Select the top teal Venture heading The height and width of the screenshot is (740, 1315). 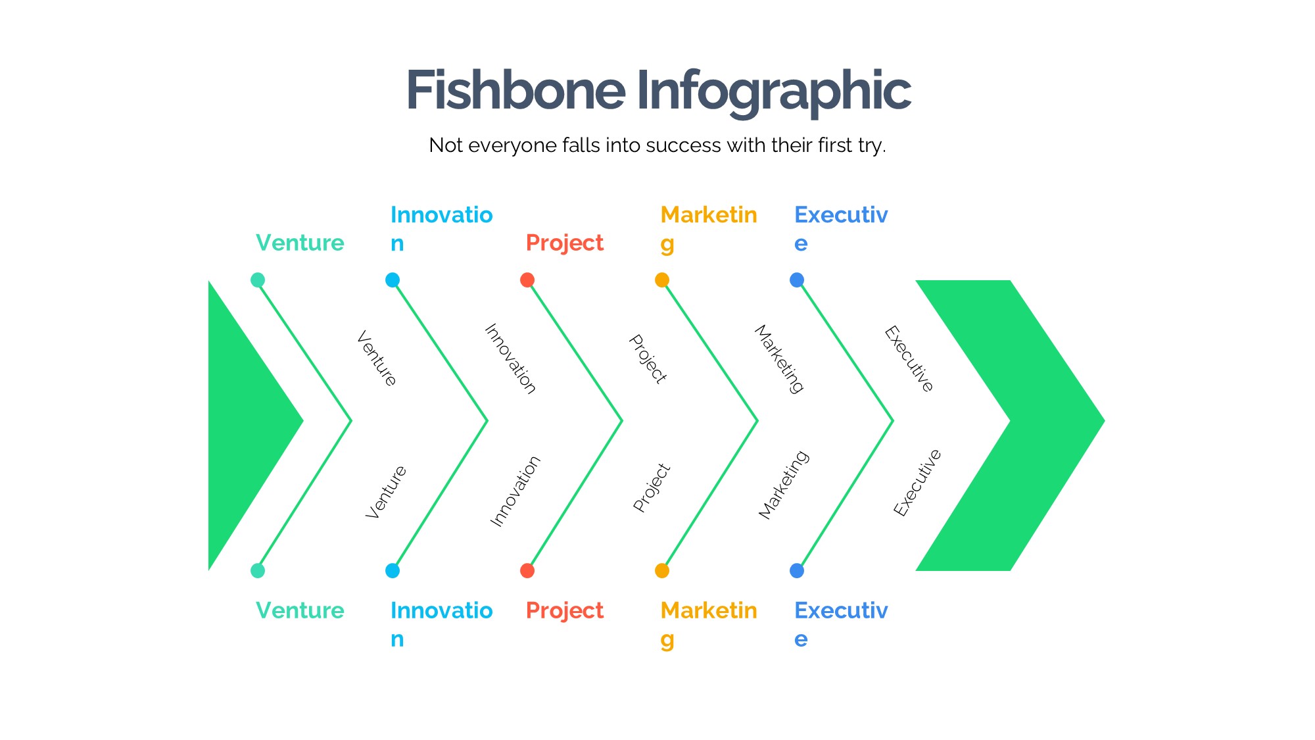click(300, 243)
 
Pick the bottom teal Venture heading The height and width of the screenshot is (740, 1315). click(300, 610)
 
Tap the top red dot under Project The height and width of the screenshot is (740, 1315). click(527, 280)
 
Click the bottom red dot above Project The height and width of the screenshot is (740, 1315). click(527, 570)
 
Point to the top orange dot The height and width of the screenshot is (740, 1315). click(662, 280)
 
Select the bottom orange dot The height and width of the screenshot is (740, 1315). click(662, 570)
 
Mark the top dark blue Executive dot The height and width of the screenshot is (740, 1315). click(797, 280)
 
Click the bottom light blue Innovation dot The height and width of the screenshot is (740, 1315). click(393, 570)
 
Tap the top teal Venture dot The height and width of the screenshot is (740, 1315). click(258, 280)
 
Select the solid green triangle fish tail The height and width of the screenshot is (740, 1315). click(243, 424)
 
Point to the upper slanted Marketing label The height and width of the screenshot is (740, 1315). click(779, 359)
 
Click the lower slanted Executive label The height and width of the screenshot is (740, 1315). click(918, 483)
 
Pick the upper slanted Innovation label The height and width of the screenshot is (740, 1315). click(510, 358)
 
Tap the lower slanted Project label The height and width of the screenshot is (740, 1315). click(652, 488)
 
